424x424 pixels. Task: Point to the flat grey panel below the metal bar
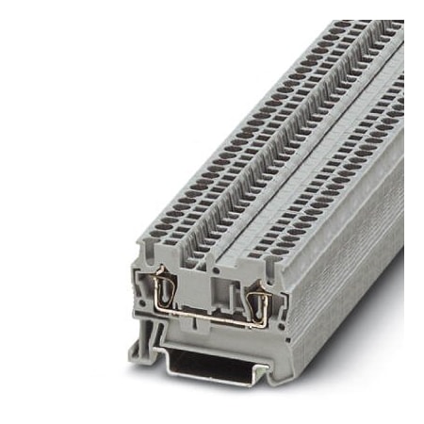point(209,326)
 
